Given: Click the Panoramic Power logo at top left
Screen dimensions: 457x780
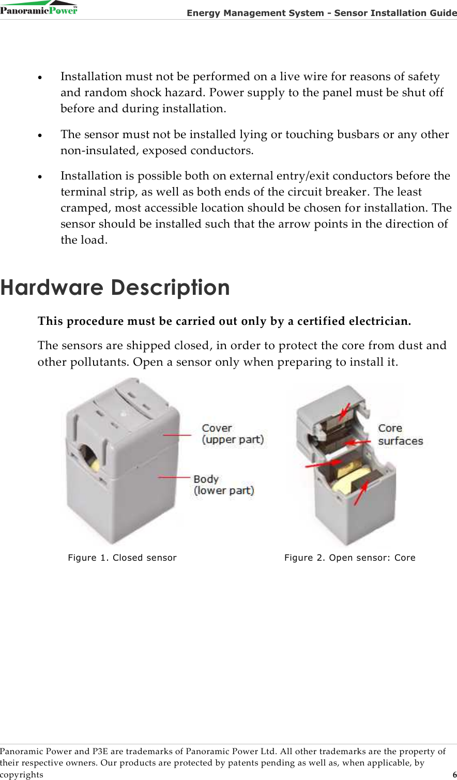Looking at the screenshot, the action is pyautogui.click(x=39, y=9).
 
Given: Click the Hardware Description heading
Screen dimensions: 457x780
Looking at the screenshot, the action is pyautogui.click(x=115, y=288).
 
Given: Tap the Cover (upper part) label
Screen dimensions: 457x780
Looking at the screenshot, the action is pyautogui.click(x=232, y=433).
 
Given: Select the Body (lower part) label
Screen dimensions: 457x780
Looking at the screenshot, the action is pyautogui.click(x=223, y=485).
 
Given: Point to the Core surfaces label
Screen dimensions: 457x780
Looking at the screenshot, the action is pyautogui.click(x=400, y=434).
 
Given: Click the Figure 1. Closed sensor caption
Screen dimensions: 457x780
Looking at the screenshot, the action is pyautogui.click(x=122, y=558).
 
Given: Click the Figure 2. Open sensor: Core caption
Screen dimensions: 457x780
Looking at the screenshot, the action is pyautogui.click(x=349, y=558).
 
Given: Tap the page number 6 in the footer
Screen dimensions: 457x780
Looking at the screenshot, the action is pyautogui.click(x=454, y=774).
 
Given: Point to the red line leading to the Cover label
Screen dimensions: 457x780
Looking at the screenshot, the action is pyautogui.click(x=177, y=434).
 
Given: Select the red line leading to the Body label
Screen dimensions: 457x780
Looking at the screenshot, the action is pyautogui.click(x=174, y=477).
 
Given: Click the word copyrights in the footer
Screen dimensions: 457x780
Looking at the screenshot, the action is pyautogui.click(x=22, y=774).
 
